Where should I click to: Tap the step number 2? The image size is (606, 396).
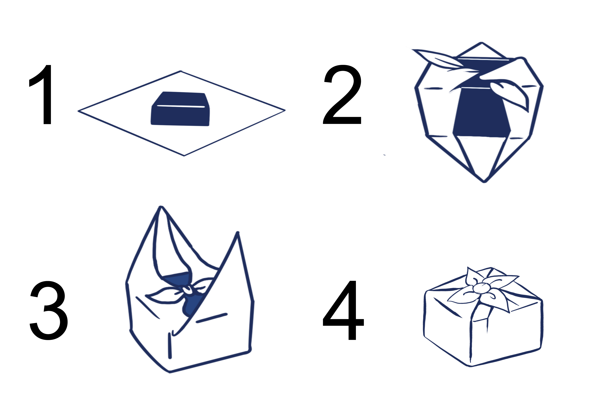342,94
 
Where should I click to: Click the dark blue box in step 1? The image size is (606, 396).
180,109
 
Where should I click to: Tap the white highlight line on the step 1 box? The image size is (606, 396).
181,106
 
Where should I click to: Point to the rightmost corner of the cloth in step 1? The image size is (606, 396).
285,110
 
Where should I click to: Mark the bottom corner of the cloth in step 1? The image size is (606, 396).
184,155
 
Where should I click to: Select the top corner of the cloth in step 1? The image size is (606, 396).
181,71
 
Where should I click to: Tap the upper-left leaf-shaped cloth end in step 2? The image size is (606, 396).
438,59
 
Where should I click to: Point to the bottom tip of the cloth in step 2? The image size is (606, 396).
484,182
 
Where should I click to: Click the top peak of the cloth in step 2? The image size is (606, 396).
481,43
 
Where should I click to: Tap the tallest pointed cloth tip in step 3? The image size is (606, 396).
160,207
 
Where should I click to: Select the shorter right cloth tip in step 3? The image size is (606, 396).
238,232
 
